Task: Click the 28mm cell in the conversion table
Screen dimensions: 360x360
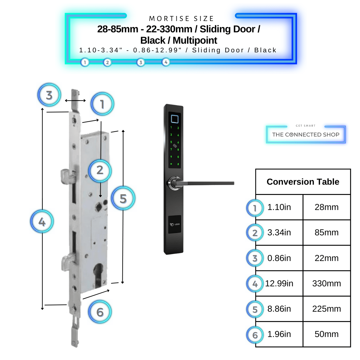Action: point(326,207)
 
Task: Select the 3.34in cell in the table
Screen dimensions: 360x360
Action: point(279,233)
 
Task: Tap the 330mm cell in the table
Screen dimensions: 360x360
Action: point(326,284)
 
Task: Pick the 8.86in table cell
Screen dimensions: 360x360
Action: point(279,309)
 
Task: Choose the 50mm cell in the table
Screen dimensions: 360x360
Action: point(326,334)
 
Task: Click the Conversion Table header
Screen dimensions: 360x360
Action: point(303,182)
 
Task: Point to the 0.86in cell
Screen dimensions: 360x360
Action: point(279,258)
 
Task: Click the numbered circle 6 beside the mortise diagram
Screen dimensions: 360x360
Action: point(100,312)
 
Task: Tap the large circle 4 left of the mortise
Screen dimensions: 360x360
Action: point(42,221)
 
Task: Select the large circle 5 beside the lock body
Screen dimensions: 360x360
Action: point(123,199)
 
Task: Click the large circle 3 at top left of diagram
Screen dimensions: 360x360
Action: point(49,95)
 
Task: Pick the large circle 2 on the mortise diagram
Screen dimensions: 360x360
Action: point(100,170)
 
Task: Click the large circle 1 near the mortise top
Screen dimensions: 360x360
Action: point(102,105)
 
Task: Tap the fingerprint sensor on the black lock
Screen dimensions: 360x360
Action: point(174,119)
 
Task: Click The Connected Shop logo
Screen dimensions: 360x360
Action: point(305,134)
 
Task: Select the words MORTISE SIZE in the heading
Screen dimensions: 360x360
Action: point(182,19)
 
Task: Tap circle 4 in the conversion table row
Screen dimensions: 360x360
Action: point(255,284)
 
